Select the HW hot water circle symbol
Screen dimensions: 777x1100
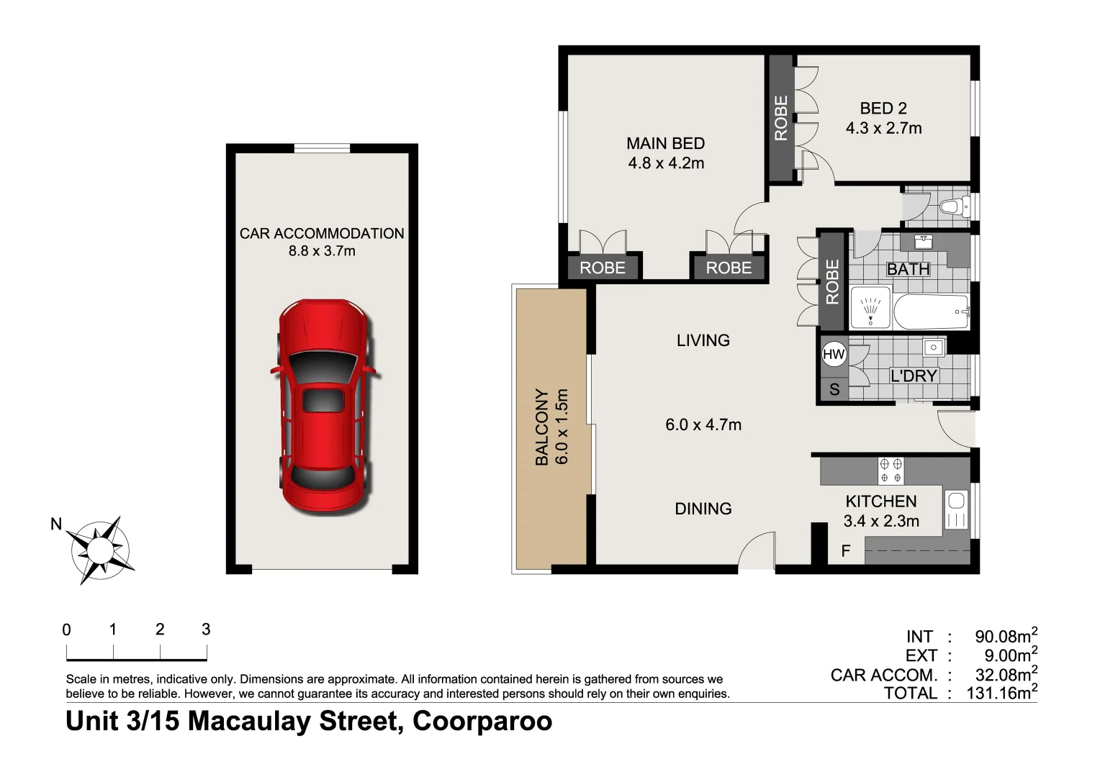pyautogui.click(x=834, y=354)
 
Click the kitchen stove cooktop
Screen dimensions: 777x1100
pyautogui.click(x=891, y=471)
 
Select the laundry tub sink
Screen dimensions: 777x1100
pyautogui.click(x=934, y=347)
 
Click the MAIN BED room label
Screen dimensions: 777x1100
pyautogui.click(x=665, y=143)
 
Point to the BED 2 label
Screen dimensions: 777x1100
pyautogui.click(x=883, y=109)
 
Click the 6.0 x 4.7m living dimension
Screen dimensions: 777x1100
pyautogui.click(x=703, y=424)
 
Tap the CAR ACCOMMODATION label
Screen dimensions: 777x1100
pyautogui.click(x=322, y=233)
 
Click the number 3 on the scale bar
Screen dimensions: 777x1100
pyautogui.click(x=206, y=630)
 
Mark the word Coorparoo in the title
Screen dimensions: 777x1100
pyautogui.click(x=482, y=721)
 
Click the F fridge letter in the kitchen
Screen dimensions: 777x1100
pyautogui.click(x=846, y=551)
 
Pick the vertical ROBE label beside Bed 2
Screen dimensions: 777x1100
pyautogui.click(x=781, y=118)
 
